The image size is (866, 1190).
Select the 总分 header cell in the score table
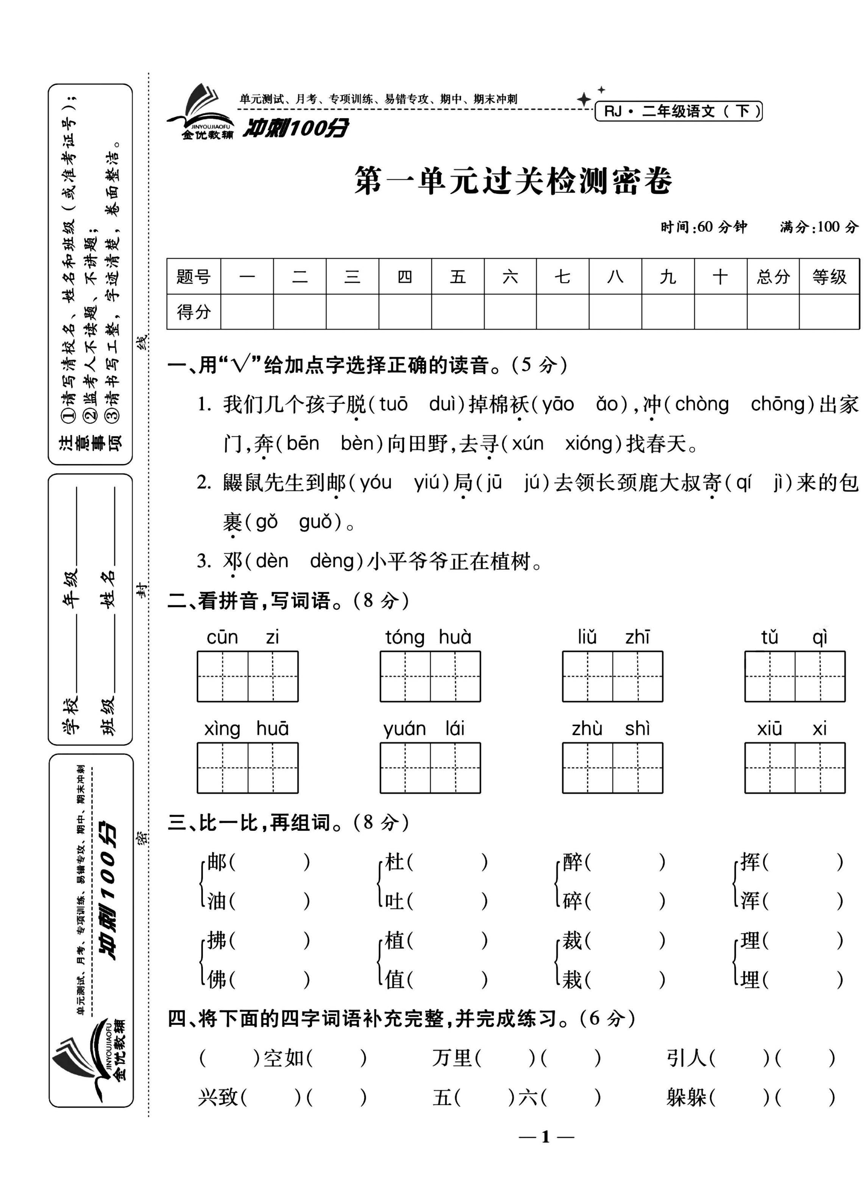[x=772, y=276]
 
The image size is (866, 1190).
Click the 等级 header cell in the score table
[x=829, y=276]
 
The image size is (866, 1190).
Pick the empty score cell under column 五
[x=458, y=312]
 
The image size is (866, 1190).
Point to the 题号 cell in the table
[x=193, y=276]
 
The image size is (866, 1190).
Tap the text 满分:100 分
[x=818, y=227]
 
